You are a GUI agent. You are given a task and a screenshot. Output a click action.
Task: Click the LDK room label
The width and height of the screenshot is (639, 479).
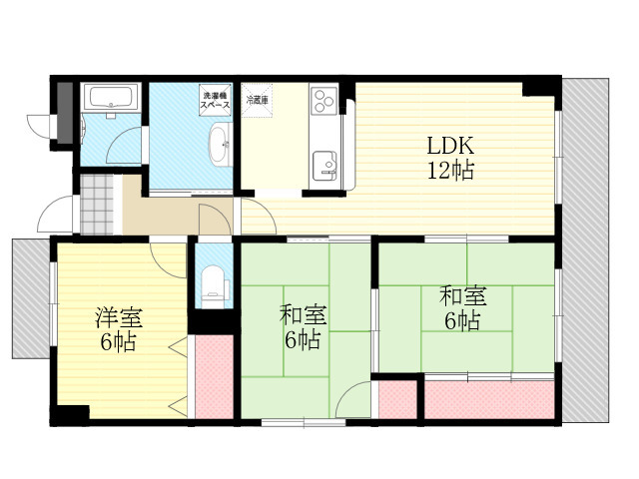[x=450, y=146]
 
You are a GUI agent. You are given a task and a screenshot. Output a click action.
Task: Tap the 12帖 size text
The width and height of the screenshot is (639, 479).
[x=450, y=170]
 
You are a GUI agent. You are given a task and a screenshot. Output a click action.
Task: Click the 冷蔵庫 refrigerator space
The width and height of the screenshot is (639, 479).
[x=257, y=100]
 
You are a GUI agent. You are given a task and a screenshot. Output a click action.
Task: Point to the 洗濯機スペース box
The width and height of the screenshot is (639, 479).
[x=216, y=100]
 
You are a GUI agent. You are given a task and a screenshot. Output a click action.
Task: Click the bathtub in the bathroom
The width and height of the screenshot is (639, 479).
[x=111, y=97]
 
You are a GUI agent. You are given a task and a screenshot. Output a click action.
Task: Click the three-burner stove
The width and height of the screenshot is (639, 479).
[x=323, y=100]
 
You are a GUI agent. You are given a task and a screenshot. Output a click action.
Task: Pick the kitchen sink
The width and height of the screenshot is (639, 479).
[x=324, y=166]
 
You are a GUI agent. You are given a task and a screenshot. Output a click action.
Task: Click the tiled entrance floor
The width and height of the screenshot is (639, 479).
[x=97, y=205]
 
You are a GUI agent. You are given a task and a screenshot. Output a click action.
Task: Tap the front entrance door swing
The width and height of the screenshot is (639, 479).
[x=56, y=214]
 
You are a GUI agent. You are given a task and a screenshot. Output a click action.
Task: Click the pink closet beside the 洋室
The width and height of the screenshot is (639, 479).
[x=215, y=377]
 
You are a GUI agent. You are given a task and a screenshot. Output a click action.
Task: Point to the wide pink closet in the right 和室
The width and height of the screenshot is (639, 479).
[x=489, y=399]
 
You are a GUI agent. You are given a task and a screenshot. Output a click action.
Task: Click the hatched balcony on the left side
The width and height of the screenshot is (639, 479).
[x=31, y=298]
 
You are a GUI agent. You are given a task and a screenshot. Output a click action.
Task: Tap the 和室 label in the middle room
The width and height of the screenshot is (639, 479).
[x=303, y=315]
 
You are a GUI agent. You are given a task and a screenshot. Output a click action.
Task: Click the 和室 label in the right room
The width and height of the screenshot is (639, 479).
[x=463, y=296]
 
